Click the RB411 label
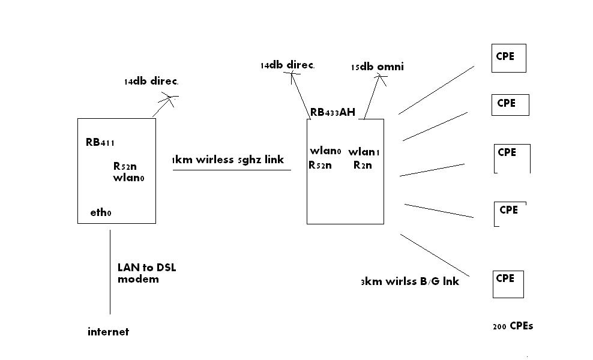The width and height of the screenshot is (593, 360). tap(100, 142)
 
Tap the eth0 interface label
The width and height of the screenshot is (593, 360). tap(101, 212)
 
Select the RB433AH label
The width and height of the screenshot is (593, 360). tap(333, 112)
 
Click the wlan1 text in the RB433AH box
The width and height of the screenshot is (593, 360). tap(364, 151)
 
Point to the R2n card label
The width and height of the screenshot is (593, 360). tap(362, 165)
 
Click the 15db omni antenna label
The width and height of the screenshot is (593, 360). tap(378, 67)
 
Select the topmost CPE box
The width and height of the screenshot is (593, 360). tap(508, 58)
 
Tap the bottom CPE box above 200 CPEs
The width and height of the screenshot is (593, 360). tap(508, 284)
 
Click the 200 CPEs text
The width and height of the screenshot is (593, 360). tap(513, 326)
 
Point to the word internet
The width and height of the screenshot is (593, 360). tap(108, 331)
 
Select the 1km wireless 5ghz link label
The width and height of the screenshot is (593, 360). tap(227, 160)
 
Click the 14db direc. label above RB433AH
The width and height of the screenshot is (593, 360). tap(287, 65)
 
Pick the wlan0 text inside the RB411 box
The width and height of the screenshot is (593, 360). tap(128, 178)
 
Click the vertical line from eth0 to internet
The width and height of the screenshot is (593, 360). tap(110, 270)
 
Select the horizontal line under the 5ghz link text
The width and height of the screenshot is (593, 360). tap(232, 170)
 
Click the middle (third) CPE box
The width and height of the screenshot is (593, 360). tap(512, 158)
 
